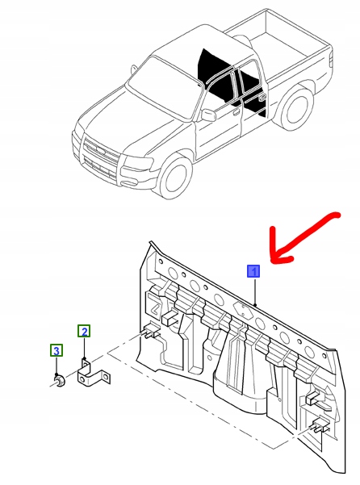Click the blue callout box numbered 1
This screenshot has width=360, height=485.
[253, 272]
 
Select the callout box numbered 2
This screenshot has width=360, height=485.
[83, 330]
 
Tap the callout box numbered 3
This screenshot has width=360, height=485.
[56, 350]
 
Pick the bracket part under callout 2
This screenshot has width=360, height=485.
[95, 374]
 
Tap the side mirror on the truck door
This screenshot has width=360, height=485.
[209, 115]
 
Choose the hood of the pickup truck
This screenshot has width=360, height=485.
[121, 113]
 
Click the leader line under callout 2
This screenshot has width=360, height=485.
[84, 348]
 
